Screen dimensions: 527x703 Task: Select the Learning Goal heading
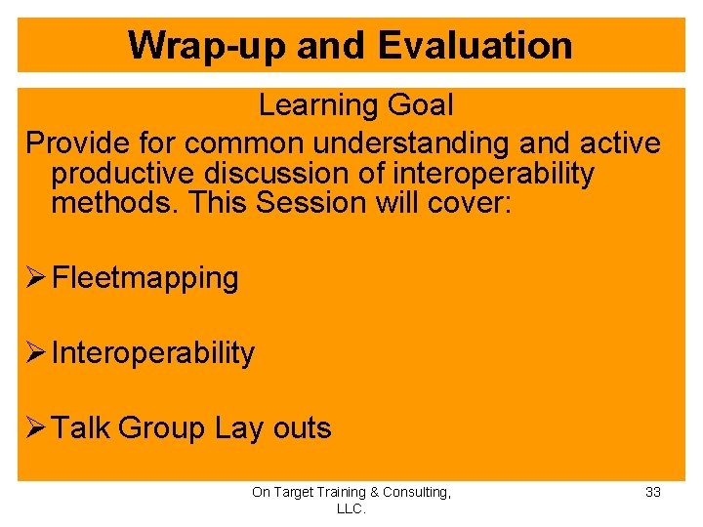tap(355, 104)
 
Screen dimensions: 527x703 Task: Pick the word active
tap(621, 142)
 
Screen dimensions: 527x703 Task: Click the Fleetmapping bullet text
tap(145, 278)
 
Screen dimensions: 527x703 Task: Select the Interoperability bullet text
tap(152, 352)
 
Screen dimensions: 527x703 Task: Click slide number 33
tap(653, 492)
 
